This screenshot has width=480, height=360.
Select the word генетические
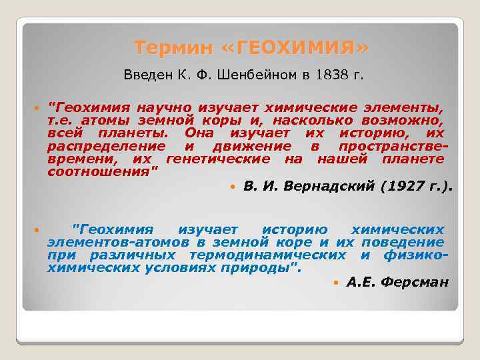218,159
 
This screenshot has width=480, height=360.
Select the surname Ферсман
417,283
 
